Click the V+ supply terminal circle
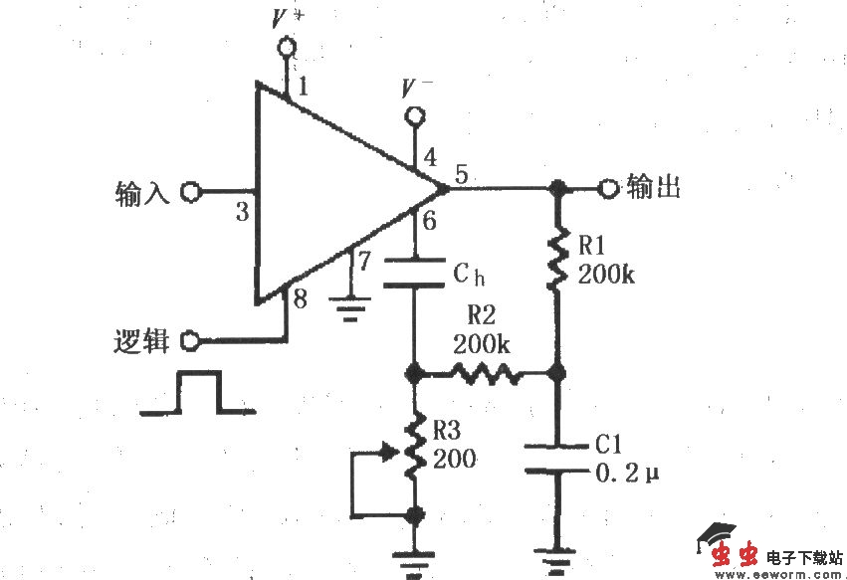click(x=289, y=46)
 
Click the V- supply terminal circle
click(x=414, y=117)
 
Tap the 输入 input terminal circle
click(x=191, y=191)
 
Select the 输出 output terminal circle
click(x=609, y=187)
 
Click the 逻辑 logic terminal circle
click(x=191, y=341)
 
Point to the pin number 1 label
click(x=303, y=88)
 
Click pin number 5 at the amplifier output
click(x=462, y=173)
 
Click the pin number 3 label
click(x=241, y=211)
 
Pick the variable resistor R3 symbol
click(x=415, y=447)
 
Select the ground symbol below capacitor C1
click(x=558, y=559)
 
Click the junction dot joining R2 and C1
click(x=558, y=375)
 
